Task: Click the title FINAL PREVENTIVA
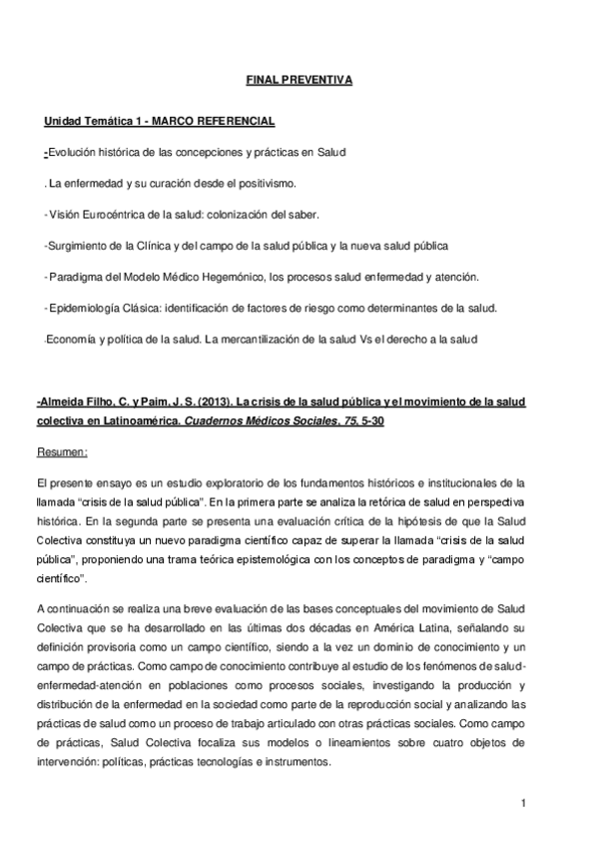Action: pyautogui.click(x=299, y=79)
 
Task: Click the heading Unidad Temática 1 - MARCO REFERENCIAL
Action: pyautogui.click(x=160, y=121)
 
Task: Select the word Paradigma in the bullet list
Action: pyautogui.click(x=76, y=276)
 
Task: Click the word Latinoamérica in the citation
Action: pyautogui.click(x=115, y=422)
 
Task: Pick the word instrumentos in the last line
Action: pyautogui.click(x=297, y=762)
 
